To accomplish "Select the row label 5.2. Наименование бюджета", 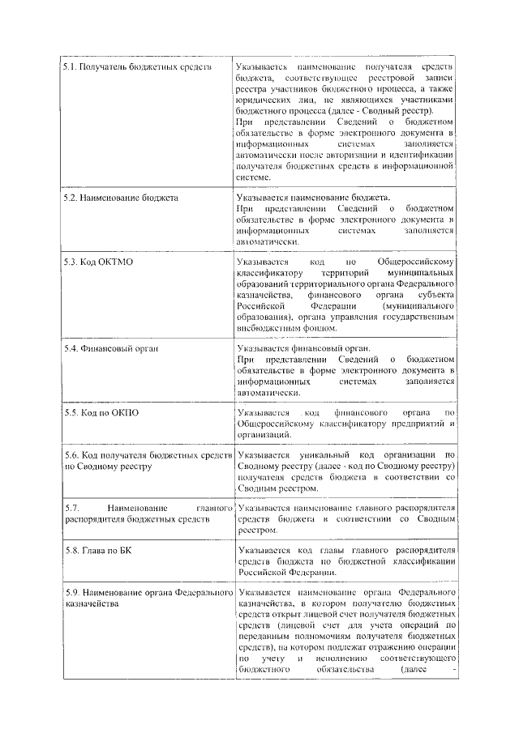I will click(121, 197).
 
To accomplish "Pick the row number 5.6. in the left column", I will click(73, 457).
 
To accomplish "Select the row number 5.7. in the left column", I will click(73, 508).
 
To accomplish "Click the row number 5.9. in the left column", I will click(73, 594).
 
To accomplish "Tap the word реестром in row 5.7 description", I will click(258, 531).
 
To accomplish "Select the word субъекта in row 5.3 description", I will click(431, 296).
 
